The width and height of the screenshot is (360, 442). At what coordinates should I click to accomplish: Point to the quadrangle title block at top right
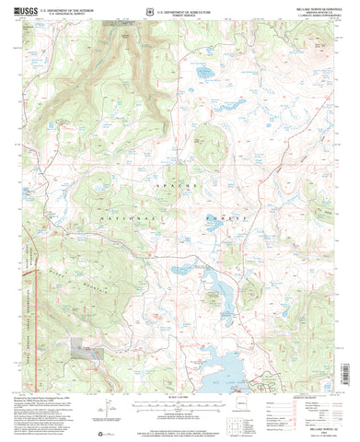pyautogui.click(x=312, y=17)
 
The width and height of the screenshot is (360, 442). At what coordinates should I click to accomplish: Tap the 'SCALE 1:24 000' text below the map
pyautogui.click(x=180, y=370)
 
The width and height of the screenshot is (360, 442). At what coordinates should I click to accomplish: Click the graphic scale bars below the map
pyautogui.click(x=180, y=378)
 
